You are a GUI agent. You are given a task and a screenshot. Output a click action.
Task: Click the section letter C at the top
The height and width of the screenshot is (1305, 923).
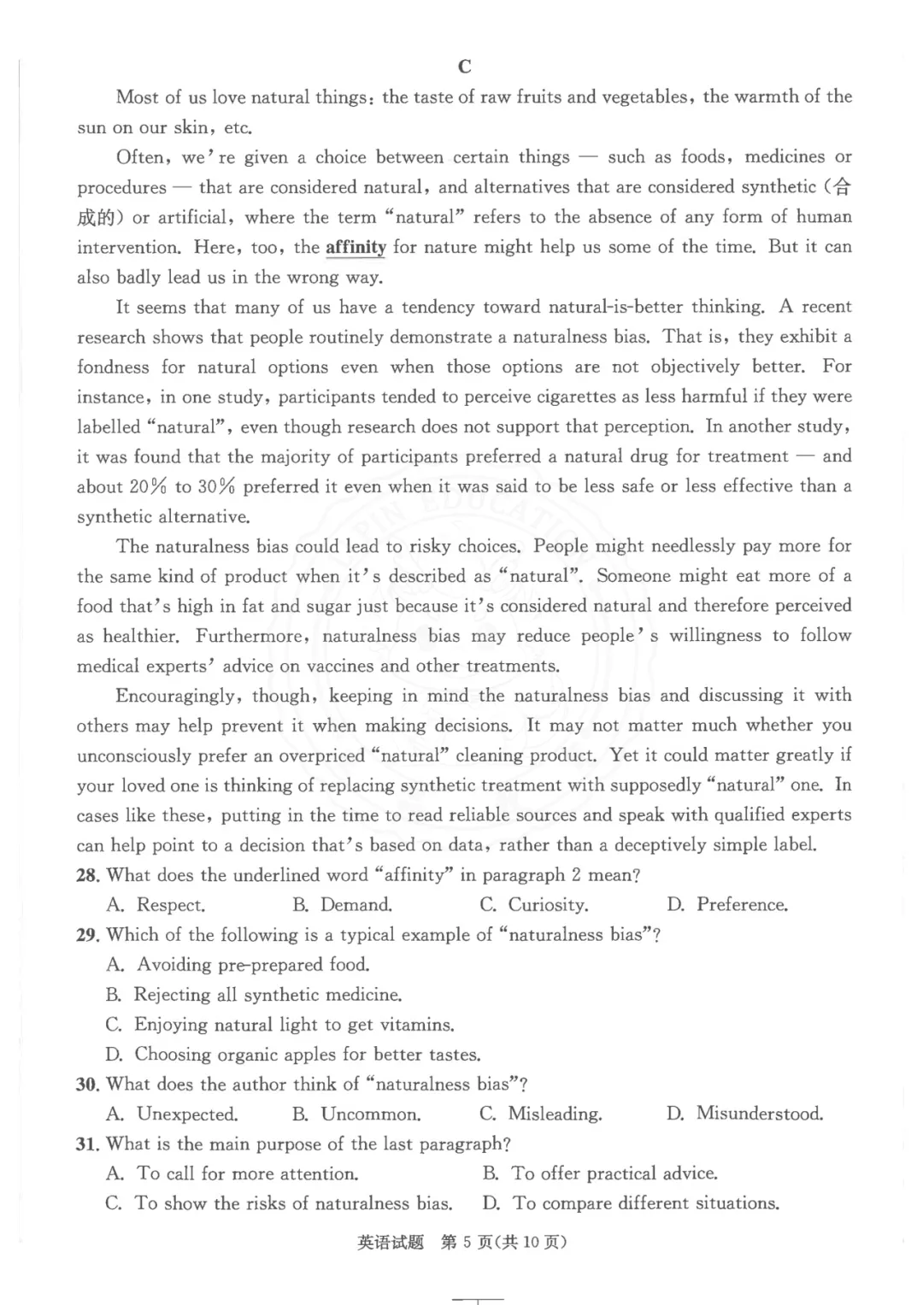tap(465, 67)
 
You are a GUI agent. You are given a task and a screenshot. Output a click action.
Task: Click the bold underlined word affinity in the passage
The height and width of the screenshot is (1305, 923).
tap(356, 247)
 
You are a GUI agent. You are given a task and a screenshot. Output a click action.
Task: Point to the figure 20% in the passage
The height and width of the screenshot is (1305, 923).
tap(148, 486)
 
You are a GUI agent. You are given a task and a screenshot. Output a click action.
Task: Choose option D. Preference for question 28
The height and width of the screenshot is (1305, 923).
tap(727, 905)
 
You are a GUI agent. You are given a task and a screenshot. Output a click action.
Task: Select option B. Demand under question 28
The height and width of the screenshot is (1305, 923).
tap(343, 905)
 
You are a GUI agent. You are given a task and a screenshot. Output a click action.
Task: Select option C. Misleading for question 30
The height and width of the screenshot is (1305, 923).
tap(541, 1114)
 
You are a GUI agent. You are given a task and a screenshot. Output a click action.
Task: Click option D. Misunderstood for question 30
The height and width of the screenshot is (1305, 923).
tap(745, 1114)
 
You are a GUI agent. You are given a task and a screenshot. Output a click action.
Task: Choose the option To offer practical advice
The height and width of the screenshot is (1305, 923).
tap(601, 1173)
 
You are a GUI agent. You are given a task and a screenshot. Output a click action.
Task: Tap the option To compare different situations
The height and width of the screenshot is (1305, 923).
tap(632, 1203)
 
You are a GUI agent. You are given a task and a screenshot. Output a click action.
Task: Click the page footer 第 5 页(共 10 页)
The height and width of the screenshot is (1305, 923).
tap(503, 1243)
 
